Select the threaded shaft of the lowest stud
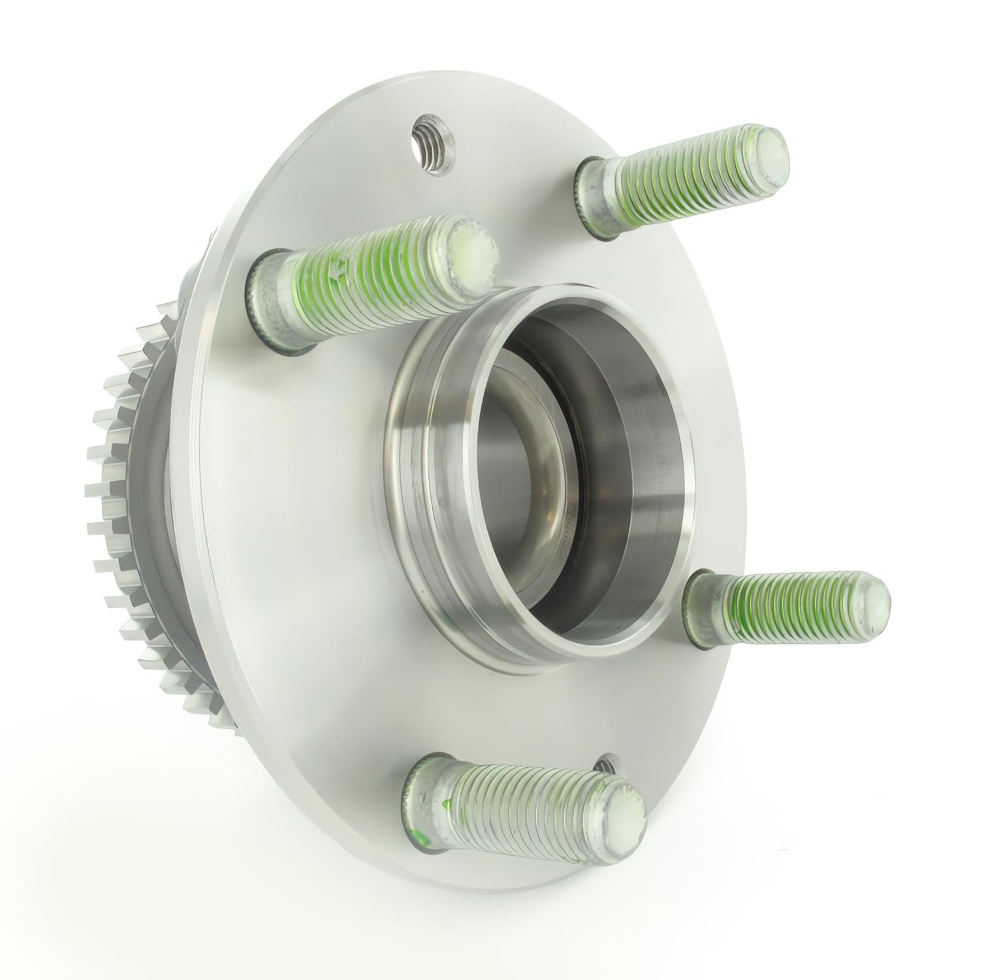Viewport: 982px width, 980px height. pyautogui.click(x=522, y=804)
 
